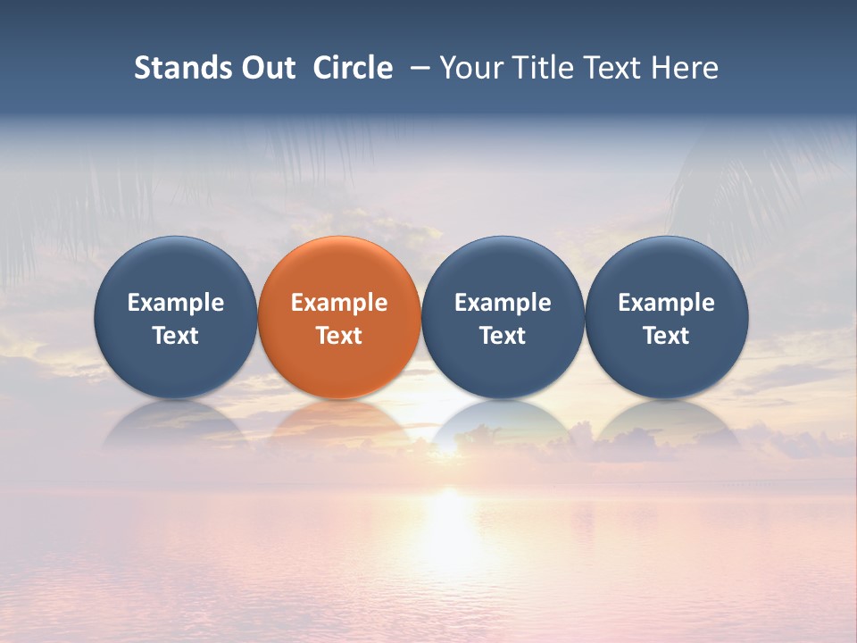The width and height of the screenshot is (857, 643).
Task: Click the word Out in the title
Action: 267,68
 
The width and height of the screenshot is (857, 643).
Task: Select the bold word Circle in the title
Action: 353,68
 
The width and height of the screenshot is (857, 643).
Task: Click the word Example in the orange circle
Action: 339,303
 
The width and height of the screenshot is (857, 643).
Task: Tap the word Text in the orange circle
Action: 339,336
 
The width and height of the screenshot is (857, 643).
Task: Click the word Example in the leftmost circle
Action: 175,303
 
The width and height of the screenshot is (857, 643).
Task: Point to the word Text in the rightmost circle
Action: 666,336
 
